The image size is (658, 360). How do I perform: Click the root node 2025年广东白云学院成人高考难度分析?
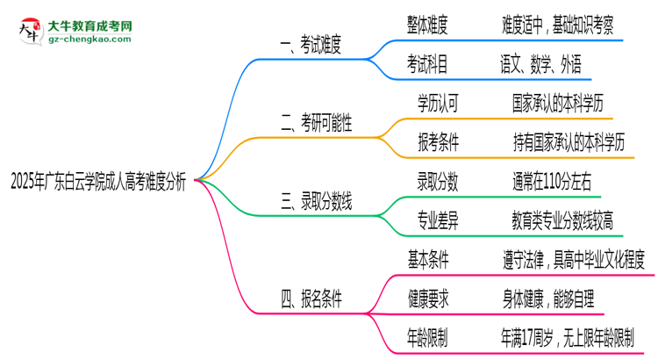97,181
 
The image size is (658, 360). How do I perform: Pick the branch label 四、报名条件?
311,299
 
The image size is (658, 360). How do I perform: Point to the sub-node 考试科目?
427,65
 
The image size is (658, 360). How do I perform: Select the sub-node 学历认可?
438,104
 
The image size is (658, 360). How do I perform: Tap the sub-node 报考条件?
438,143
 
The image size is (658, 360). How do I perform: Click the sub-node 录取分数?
438,183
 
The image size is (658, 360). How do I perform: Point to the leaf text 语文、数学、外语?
540,65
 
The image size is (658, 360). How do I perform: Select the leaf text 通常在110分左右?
552,183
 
